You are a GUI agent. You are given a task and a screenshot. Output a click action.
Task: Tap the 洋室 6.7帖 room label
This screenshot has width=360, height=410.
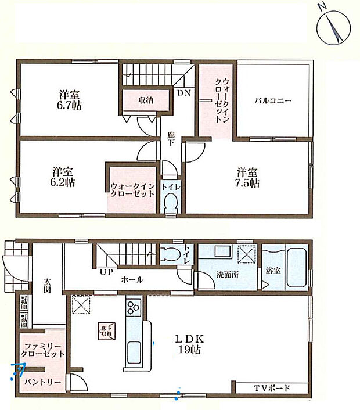[69, 99]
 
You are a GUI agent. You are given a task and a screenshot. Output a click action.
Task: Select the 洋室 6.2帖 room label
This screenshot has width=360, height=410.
[63, 177]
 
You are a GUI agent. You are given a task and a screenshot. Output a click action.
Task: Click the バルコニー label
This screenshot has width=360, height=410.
[272, 100]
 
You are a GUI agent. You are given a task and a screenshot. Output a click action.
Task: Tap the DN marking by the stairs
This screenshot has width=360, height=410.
[183, 93]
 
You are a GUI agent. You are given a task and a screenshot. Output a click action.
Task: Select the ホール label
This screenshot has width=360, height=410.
[132, 280]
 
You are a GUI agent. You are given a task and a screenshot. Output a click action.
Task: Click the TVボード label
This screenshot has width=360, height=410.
[271, 388]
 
